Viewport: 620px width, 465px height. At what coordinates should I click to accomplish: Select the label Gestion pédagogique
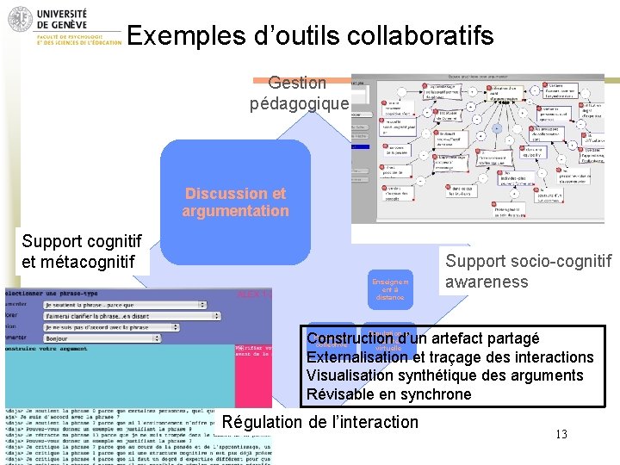point(298,94)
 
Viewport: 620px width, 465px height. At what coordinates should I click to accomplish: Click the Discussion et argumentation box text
point(235,202)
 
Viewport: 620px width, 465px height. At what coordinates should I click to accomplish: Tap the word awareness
point(487,282)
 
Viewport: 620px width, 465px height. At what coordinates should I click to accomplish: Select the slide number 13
point(561,435)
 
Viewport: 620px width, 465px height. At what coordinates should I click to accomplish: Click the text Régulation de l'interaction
point(319,422)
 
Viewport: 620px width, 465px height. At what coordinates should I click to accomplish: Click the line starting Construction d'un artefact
point(423,338)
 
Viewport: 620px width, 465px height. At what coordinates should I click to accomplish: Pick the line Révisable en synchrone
point(389,394)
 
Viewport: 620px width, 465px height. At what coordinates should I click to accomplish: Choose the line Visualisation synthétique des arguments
point(444,375)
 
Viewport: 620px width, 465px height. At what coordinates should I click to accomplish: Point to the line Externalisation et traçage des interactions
point(449,357)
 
